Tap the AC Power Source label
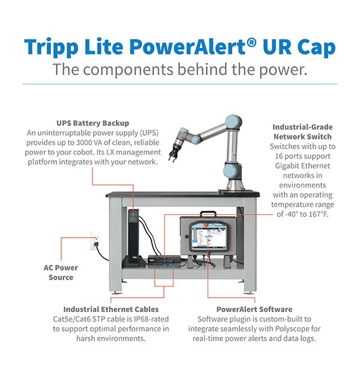61,272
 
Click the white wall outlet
94,242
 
